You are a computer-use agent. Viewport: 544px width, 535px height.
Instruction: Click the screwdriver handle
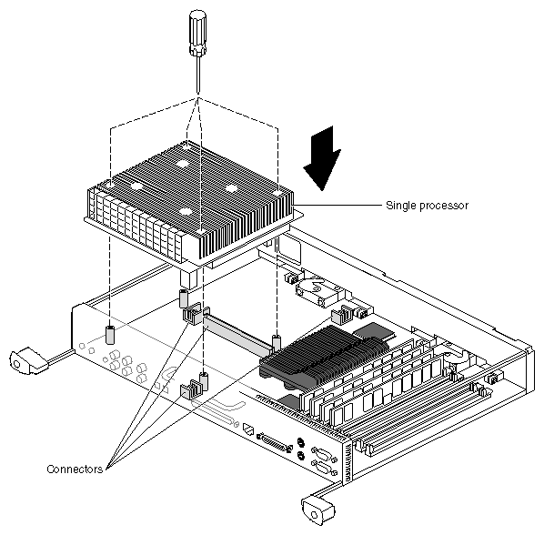click(197, 33)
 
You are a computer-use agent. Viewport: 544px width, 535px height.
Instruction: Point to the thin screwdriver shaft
click(198, 75)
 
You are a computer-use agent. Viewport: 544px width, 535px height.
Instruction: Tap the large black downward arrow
click(323, 158)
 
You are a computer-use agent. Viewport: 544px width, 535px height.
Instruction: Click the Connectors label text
click(75, 469)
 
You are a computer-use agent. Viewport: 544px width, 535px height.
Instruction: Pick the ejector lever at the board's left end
click(28, 361)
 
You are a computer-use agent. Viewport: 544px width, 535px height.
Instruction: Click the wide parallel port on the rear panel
click(275, 442)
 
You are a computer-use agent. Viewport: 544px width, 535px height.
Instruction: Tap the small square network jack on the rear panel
click(248, 429)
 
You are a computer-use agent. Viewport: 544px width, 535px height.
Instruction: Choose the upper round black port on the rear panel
click(301, 442)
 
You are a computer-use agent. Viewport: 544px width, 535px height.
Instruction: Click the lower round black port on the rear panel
click(301, 456)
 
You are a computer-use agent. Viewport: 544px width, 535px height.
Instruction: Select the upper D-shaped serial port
click(324, 455)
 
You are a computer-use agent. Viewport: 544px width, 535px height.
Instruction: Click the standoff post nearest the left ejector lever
click(110, 335)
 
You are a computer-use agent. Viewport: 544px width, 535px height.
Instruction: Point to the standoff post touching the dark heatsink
click(277, 344)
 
